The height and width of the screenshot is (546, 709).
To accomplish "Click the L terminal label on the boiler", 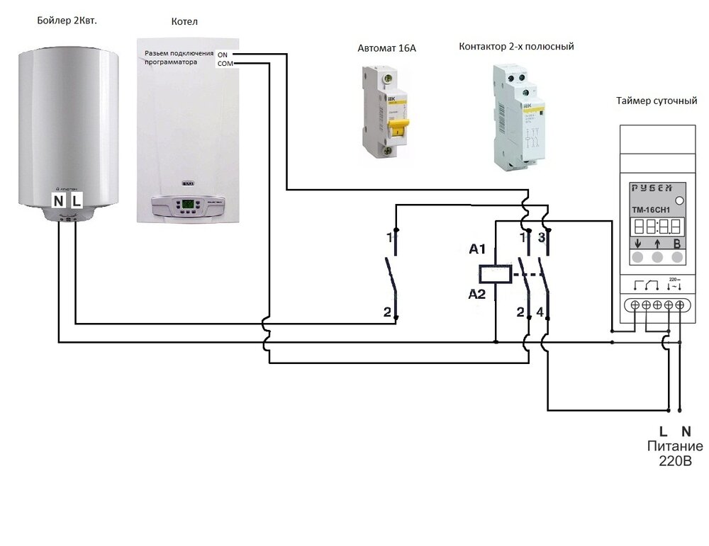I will tap(77, 200).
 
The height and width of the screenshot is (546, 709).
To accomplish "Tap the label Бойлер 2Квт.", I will tap(67, 21).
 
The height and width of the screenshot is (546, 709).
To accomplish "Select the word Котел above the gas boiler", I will tap(184, 22).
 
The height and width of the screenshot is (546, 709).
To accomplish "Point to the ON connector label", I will tap(223, 55).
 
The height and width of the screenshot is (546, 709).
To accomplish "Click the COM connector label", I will tap(223, 64).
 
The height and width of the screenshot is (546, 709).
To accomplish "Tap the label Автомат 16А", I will tap(386, 49).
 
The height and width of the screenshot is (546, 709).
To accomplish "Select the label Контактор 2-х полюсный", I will tap(516, 46).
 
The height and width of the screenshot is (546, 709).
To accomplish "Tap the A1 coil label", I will tap(478, 249).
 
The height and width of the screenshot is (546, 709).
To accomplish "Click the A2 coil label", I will tap(478, 294).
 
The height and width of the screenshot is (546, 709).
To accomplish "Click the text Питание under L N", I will tap(674, 446).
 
